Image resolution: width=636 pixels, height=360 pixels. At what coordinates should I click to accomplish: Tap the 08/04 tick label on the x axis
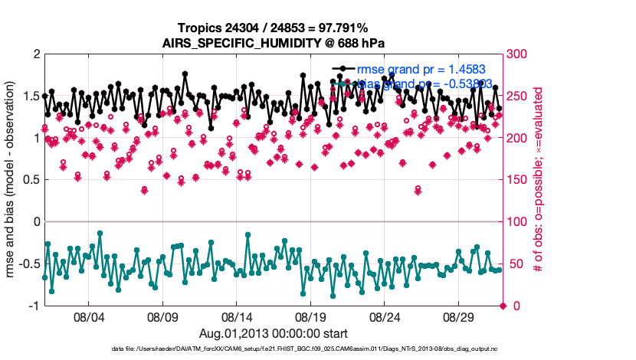87,316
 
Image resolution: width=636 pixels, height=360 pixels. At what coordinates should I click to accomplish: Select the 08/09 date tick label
162,316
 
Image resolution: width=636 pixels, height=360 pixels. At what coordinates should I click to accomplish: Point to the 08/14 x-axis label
236,316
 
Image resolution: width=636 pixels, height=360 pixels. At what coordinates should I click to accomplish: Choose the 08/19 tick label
310,316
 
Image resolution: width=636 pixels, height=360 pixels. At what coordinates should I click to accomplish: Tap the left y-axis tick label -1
32,306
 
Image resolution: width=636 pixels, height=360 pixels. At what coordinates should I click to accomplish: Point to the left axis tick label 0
35,222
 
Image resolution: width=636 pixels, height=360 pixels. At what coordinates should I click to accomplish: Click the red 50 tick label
516,264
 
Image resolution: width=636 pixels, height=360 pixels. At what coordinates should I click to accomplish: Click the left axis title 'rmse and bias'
12,180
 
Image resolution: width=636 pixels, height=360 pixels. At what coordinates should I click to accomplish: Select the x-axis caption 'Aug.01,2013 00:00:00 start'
274,333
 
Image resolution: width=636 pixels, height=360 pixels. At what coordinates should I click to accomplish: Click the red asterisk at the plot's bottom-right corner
503,306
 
